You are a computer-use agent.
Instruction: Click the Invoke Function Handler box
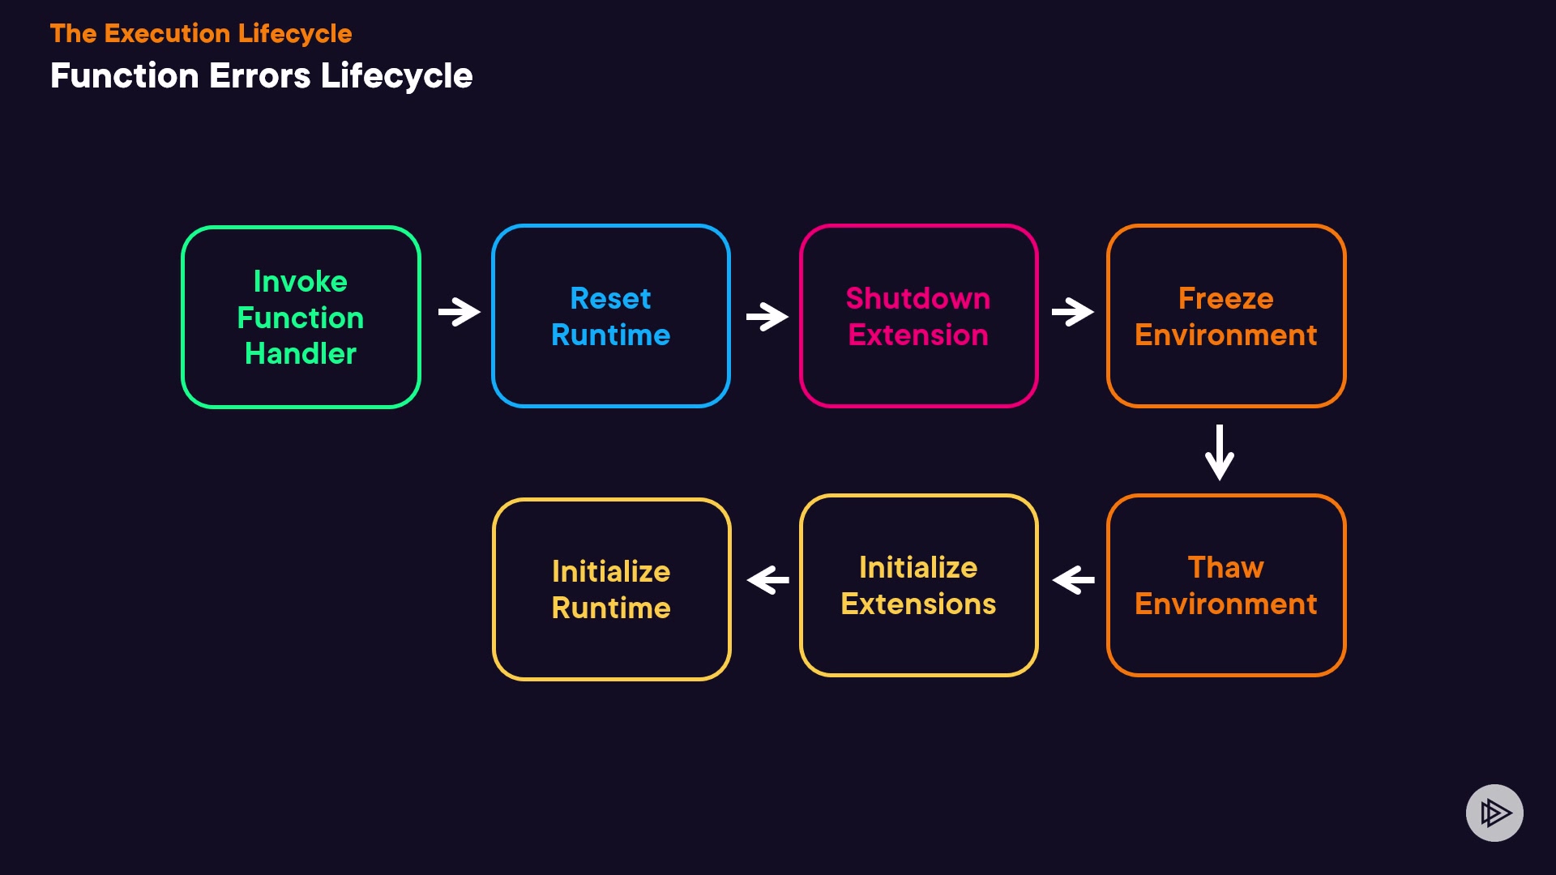(301, 317)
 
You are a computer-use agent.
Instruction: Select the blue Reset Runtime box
(610, 316)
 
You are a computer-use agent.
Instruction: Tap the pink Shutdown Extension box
(918, 316)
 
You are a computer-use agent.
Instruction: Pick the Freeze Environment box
(1225, 316)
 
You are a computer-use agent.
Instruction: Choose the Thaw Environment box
(1225, 585)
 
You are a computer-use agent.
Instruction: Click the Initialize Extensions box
(918, 585)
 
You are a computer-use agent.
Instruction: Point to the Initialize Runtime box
(611, 589)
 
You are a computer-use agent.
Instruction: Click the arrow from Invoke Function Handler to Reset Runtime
(460, 312)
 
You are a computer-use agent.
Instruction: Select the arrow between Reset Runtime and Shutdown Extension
(767, 316)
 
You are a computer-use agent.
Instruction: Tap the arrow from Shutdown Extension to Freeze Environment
(1073, 312)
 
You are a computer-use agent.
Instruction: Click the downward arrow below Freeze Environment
(1220, 452)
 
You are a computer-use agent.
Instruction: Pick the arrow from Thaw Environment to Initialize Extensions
(1073, 580)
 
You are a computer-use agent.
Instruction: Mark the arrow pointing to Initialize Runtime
(767, 580)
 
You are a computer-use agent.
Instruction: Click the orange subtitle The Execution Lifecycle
(201, 33)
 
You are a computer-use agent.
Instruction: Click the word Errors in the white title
(260, 76)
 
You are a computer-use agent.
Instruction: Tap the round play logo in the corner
(1494, 813)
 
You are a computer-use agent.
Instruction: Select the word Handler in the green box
(301, 354)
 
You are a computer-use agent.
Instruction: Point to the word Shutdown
(918, 298)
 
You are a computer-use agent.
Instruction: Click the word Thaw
(1225, 567)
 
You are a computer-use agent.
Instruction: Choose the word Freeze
(1225, 298)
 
